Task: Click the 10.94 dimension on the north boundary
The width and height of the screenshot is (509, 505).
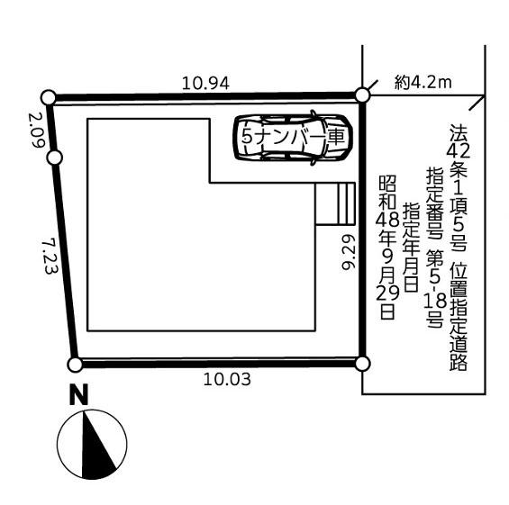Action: pos(205,84)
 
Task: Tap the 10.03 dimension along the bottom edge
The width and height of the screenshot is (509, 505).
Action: pos(227,379)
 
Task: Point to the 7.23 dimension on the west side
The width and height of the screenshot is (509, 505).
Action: pos(50,257)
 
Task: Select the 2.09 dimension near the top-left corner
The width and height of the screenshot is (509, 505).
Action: pos(36,130)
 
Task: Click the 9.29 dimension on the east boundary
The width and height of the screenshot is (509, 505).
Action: pos(349,252)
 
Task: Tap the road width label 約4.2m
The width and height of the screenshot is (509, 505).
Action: pos(423,83)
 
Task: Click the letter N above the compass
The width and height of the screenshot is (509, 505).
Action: pos(79,394)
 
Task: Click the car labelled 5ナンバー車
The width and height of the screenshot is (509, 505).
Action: pos(292,138)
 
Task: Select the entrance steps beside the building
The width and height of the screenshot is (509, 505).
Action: pos(335,203)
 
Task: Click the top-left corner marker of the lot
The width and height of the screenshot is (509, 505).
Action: pos(49,97)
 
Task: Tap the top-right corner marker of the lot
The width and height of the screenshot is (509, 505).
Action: pos(362,95)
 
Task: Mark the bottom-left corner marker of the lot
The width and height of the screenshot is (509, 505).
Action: pos(75,365)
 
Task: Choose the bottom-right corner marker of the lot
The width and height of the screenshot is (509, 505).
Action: pos(362,364)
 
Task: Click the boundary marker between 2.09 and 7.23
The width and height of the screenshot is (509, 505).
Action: pos(55,158)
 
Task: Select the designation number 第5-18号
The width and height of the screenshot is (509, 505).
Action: pos(435,288)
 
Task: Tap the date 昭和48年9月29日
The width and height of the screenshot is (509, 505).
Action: pos(387,248)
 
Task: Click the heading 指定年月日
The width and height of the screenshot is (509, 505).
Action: pos(411,247)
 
